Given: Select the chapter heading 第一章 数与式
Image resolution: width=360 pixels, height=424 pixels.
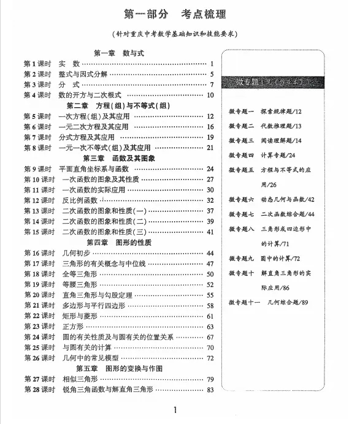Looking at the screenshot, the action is [119, 53].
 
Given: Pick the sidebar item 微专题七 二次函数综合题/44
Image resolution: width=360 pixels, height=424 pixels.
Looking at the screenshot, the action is [272, 214].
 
